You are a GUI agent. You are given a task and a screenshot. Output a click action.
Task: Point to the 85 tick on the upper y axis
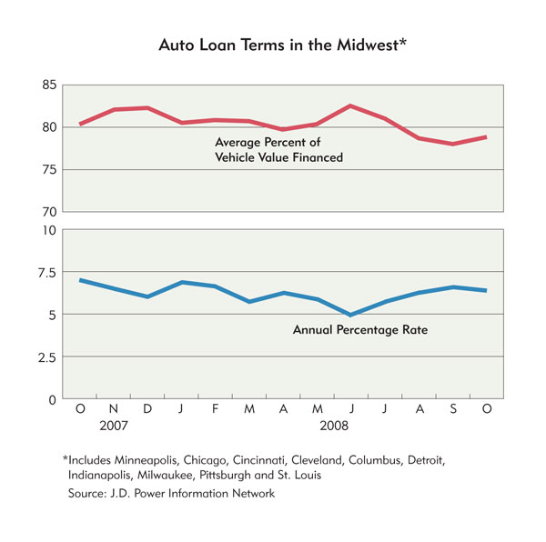(x=49, y=85)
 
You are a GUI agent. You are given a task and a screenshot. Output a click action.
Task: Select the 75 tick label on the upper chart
(x=49, y=170)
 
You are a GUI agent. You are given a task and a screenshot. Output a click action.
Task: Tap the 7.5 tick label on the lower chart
(x=46, y=273)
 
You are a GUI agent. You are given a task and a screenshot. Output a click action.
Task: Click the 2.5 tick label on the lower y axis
(x=46, y=357)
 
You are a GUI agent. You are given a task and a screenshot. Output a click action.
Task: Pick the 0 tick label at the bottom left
(x=52, y=400)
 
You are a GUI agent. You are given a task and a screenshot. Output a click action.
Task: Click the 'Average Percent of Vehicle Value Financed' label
(x=279, y=149)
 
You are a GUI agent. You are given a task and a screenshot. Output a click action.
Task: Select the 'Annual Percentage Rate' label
(x=360, y=330)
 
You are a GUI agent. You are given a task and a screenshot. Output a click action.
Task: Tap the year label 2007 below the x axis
(x=114, y=426)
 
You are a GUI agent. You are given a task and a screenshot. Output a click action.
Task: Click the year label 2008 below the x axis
(x=334, y=426)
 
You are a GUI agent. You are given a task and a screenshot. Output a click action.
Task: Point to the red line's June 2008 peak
(x=350, y=105)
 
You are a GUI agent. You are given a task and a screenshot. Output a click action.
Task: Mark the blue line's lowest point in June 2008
(x=350, y=315)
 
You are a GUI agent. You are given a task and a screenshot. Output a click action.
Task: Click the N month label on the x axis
(x=114, y=408)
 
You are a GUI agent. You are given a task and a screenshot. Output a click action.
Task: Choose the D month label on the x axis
(x=147, y=408)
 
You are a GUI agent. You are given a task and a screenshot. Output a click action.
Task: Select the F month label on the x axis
(x=215, y=408)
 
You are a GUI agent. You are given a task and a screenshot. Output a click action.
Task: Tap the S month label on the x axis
(x=453, y=408)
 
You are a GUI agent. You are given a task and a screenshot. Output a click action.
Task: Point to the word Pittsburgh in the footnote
(x=225, y=476)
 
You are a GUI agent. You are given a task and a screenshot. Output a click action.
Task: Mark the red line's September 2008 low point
(x=453, y=144)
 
